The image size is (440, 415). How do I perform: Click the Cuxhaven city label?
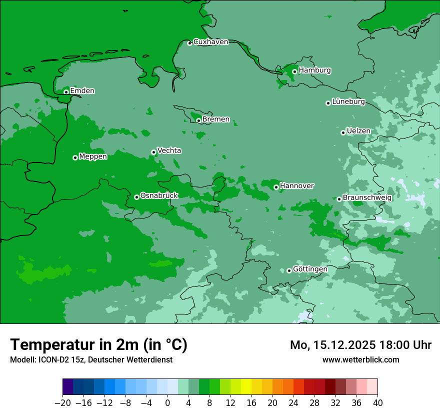(210, 42)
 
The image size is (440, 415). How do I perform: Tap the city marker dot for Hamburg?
(295, 71)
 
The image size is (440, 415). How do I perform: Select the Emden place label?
(82, 91)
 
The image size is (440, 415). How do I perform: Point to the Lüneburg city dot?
(328, 103)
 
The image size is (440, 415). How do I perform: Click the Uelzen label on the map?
(358, 131)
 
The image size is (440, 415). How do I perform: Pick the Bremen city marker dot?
(198, 120)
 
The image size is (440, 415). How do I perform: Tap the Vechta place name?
(169, 150)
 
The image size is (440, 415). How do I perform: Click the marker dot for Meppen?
(75, 157)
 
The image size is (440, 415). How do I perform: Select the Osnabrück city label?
(159, 195)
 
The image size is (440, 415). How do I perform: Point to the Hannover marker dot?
(276, 187)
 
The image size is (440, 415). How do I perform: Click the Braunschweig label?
(367, 197)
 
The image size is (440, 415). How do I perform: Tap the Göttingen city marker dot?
(289, 270)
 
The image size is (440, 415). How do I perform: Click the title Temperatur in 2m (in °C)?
(98, 345)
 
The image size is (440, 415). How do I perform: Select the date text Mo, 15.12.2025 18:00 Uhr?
(360, 345)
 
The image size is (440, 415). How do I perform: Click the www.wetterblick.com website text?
(360, 359)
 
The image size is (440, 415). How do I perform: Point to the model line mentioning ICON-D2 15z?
(91, 359)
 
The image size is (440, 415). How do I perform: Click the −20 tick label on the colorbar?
(62, 402)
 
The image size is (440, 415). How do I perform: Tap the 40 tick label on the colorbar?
(377, 402)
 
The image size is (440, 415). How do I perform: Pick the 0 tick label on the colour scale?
(167, 402)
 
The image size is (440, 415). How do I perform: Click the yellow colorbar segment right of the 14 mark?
(246, 387)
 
